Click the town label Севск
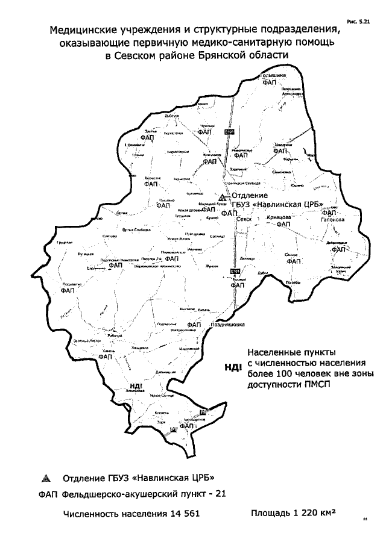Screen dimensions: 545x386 click(244, 220)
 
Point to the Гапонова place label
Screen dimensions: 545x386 click(332, 220)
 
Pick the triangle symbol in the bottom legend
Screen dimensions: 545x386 click(44, 479)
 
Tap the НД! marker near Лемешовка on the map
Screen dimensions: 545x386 click(136, 386)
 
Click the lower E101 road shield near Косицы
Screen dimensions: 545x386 click(235, 270)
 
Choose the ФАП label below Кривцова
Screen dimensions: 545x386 click(283, 224)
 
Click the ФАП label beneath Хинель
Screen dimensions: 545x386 click(106, 357)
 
